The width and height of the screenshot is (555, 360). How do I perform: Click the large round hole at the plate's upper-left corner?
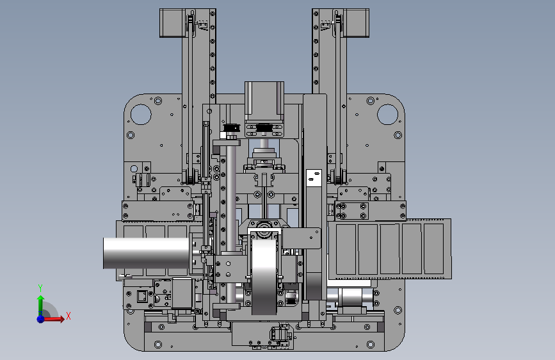pyautogui.click(x=141, y=114)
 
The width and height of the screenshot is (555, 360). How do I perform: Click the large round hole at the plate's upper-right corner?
pyautogui.click(x=387, y=114)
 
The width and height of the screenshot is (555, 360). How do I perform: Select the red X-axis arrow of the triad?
pyautogui.click(x=53, y=319)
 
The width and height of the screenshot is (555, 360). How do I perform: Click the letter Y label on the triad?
pyautogui.click(x=40, y=288)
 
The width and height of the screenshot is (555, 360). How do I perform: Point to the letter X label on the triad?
pyautogui.click(x=68, y=316)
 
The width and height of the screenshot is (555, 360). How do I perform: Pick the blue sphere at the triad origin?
pyautogui.click(x=41, y=319)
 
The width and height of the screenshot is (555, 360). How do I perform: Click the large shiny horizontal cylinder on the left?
pyautogui.click(x=146, y=253)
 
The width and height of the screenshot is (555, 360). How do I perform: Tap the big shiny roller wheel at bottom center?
pyautogui.click(x=264, y=274)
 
